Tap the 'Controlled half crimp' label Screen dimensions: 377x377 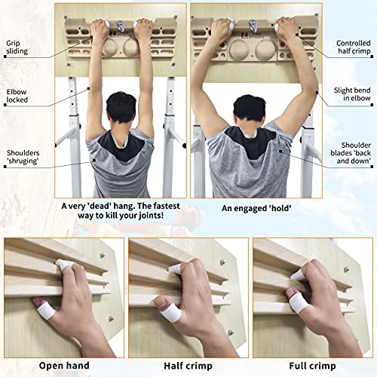352,49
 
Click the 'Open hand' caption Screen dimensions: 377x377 59,366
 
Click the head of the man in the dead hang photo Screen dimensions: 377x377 123,112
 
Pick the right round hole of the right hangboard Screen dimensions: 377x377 266,54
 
